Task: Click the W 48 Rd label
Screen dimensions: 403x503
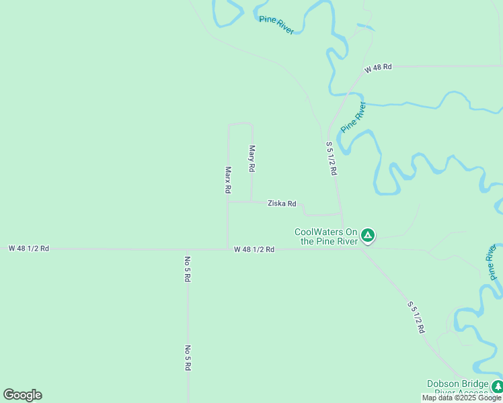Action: pos(378,69)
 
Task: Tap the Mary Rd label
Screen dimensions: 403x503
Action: pos(252,158)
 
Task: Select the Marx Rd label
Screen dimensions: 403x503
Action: pos(228,180)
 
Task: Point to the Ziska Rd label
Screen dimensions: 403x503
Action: pos(282,203)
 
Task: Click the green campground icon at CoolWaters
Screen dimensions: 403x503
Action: pos(367,235)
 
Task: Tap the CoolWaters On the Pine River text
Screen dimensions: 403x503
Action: pos(326,237)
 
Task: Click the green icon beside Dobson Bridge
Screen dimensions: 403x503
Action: pos(497,386)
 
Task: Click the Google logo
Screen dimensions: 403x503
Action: pos(22,395)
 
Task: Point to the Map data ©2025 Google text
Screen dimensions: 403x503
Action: pos(461,398)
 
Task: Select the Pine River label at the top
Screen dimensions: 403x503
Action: pos(276,25)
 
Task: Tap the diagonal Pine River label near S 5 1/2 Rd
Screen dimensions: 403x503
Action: pos(352,118)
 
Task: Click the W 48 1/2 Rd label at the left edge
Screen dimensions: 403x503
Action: pos(28,248)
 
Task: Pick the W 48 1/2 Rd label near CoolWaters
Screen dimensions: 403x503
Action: pos(254,249)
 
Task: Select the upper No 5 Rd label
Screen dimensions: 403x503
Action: pos(188,268)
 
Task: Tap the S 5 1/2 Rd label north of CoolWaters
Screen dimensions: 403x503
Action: pos(331,159)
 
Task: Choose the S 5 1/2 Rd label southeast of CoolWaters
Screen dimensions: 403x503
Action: pos(416,317)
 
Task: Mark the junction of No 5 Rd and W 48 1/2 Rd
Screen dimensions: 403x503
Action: pos(188,249)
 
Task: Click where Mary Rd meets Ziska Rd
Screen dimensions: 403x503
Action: pos(252,201)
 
